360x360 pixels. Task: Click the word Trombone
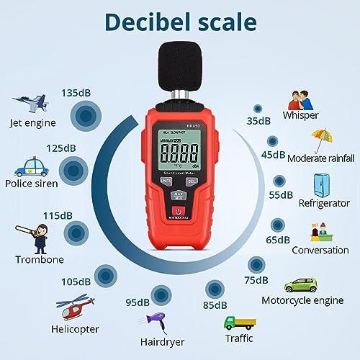tap(40, 259)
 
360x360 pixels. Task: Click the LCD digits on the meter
tap(179, 153)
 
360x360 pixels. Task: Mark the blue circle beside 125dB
tap(73, 171)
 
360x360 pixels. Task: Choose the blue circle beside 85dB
tap(214, 289)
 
